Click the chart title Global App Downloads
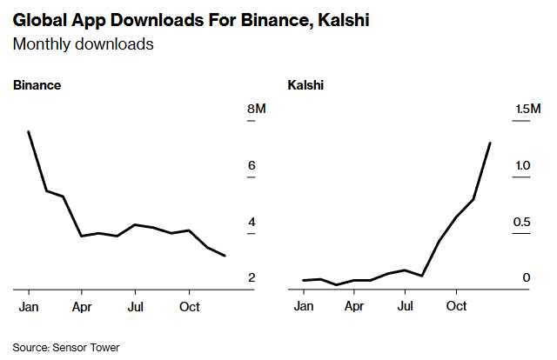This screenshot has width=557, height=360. coord(191,20)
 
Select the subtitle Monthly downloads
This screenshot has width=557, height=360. coord(84,43)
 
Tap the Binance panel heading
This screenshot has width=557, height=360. coord(37,85)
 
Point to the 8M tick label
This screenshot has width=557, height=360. coord(257,109)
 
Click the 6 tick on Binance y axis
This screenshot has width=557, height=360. coord(252,165)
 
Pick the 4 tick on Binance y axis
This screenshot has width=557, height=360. coord(252,222)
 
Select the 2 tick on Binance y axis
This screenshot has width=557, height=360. coord(252,277)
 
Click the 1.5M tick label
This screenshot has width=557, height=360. coord(527,109)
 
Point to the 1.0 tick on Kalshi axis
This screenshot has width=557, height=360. coord(520,165)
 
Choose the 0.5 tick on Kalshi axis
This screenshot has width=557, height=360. coord(520,222)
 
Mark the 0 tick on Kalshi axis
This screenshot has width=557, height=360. coord(526,277)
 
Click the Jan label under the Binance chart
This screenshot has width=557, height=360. coord(29,307)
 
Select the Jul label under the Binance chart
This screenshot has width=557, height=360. coord(135,307)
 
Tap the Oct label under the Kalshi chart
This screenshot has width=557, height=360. coord(456,307)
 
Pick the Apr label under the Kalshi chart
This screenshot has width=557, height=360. coord(354,307)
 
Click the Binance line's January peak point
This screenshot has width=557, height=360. coord(29,132)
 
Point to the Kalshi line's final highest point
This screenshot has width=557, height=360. coord(490,143)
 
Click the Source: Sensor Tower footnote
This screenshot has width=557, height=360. coord(65,347)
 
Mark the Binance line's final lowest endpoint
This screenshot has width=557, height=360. coord(225,256)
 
